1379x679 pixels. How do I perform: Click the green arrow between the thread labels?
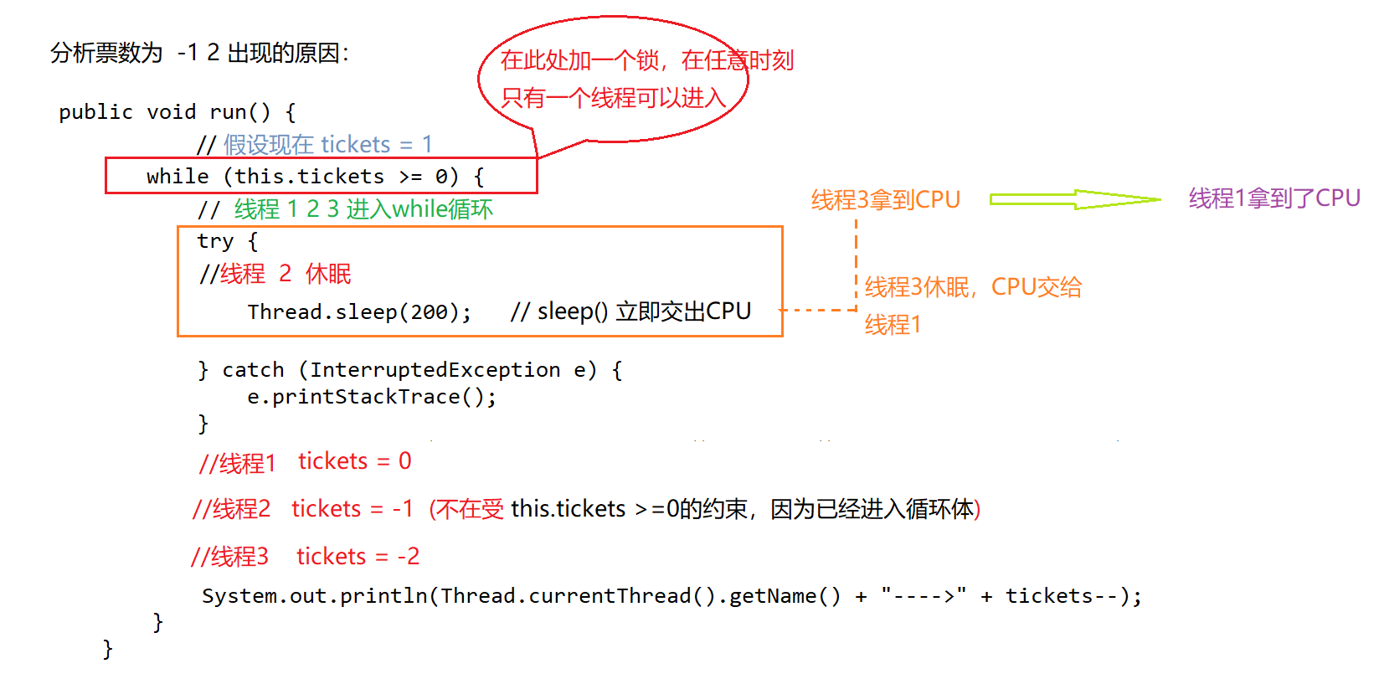coord(1074,199)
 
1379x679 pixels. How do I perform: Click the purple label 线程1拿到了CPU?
coord(1274,198)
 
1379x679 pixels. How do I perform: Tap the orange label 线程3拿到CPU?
coord(885,200)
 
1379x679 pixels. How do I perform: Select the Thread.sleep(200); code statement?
coord(359,312)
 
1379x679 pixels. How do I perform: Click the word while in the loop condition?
coord(178,177)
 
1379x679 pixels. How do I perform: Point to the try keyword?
coord(215,242)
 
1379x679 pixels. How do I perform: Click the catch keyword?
coord(253,370)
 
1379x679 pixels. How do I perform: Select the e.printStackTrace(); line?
coord(372,397)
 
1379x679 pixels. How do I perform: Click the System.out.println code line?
coord(670,596)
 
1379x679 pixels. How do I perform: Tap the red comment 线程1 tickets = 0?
coord(305,462)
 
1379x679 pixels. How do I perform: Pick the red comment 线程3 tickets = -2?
coord(305,557)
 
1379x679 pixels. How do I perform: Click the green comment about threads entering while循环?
coord(363,209)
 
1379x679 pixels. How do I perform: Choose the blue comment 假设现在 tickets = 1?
coord(327,145)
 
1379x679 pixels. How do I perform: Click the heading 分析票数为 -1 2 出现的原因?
coord(199,54)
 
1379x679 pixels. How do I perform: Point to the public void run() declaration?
coord(177,112)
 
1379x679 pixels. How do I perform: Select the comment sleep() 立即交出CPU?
coord(630,312)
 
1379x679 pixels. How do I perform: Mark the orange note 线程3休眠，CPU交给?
coord(973,287)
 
